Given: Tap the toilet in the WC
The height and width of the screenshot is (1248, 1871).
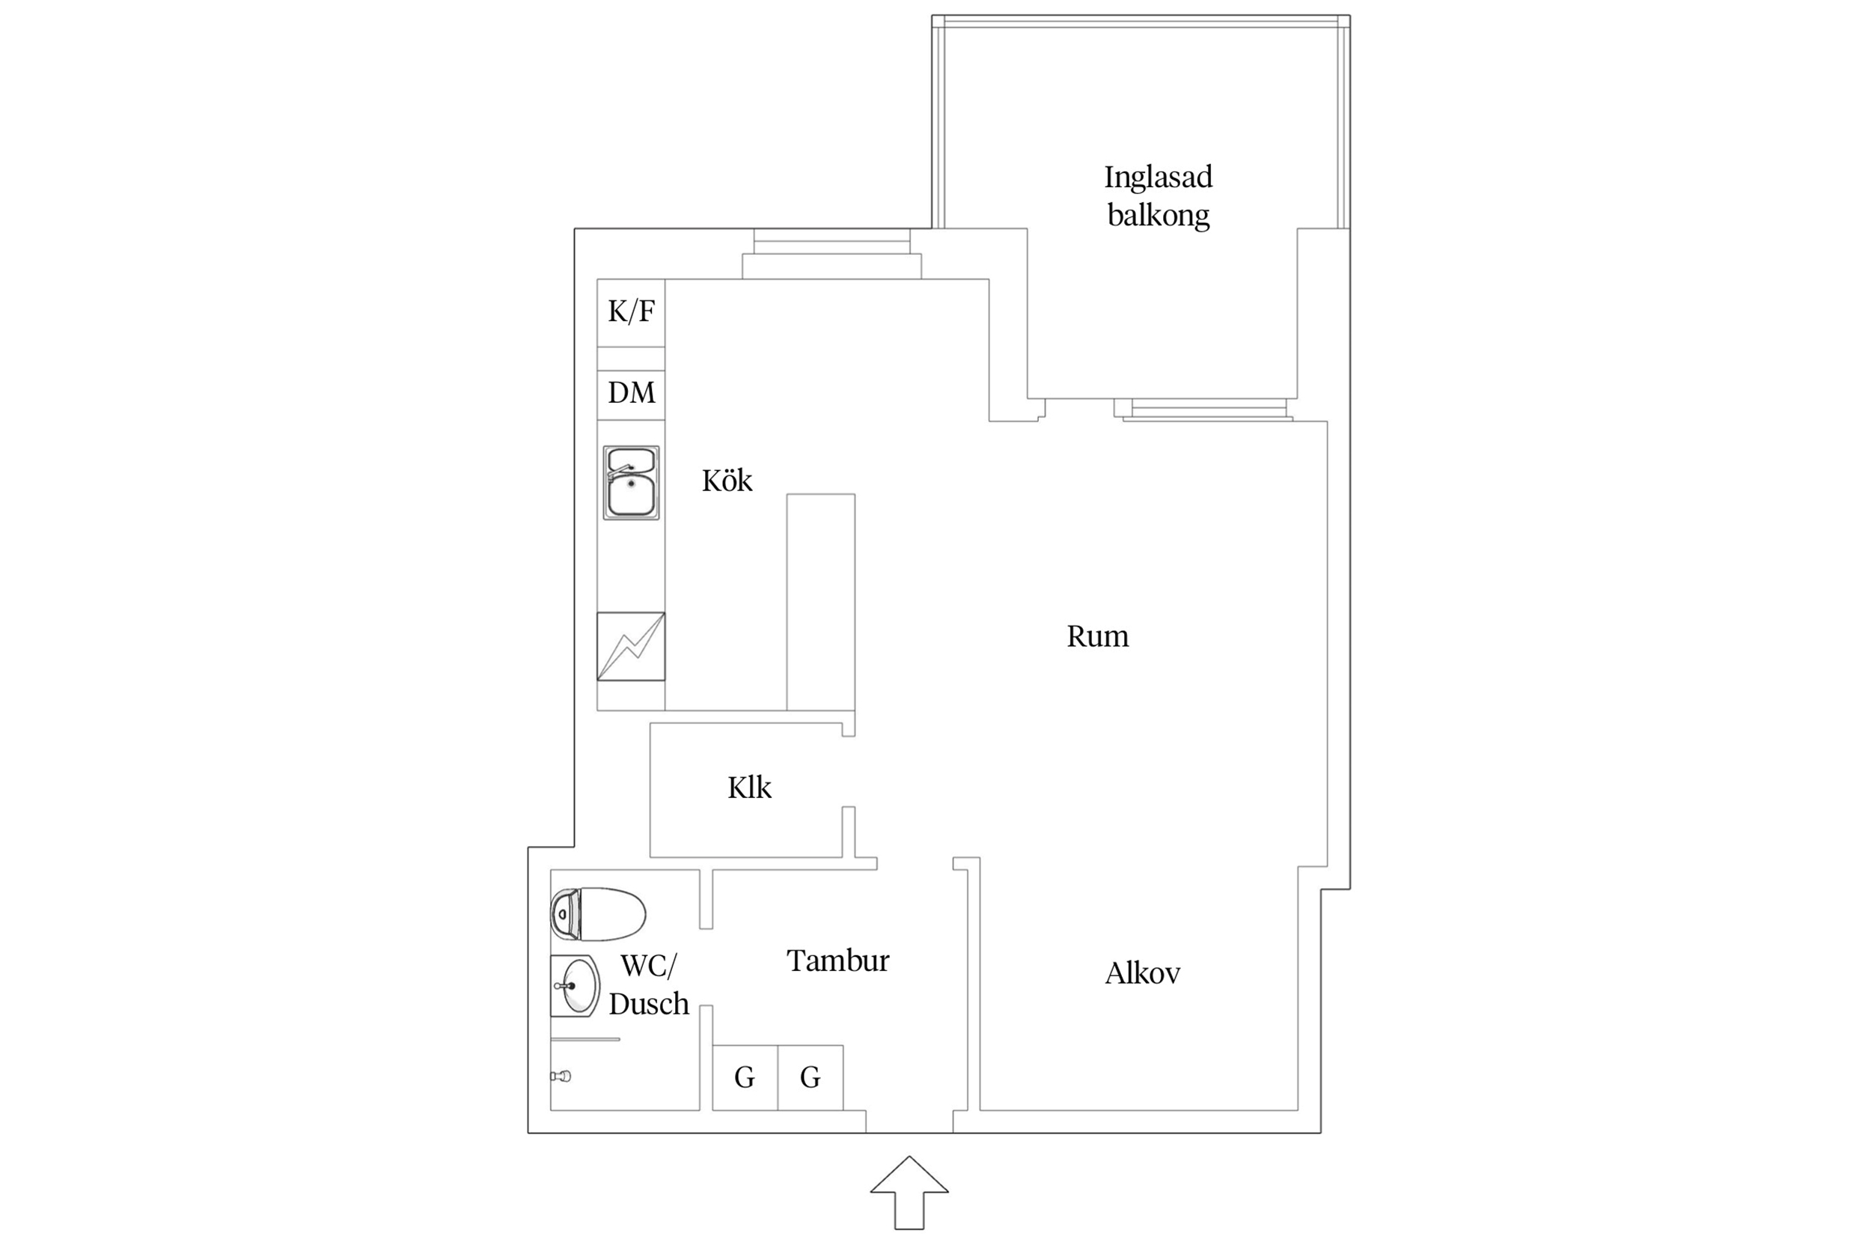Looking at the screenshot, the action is click(x=597, y=913).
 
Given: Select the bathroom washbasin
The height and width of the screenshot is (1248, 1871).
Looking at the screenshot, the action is click(x=575, y=986).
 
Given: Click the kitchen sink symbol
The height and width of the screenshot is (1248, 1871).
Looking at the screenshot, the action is click(x=631, y=482).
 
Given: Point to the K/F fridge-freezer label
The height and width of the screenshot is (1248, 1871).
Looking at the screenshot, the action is click(x=632, y=311).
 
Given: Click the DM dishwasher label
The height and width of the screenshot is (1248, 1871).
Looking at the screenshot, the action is click(x=632, y=392).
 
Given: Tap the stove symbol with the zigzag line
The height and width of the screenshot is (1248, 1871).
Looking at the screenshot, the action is click(x=631, y=646).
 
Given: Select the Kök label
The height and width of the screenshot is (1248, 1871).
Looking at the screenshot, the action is click(x=726, y=480).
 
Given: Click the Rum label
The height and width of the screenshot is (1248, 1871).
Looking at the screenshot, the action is click(x=1097, y=636).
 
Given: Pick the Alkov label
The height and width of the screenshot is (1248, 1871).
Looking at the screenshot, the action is click(x=1142, y=972).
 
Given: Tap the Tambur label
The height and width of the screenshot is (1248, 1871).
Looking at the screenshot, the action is click(x=837, y=961).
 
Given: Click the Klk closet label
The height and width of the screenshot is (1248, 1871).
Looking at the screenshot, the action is click(x=749, y=787).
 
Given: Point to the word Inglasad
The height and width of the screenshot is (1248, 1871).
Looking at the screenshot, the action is click(x=1159, y=177).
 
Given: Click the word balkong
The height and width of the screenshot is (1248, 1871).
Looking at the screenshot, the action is click(x=1159, y=215).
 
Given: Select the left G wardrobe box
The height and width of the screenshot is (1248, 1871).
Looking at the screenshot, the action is click(x=745, y=1077).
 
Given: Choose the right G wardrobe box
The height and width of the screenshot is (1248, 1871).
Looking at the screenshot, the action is click(x=810, y=1077).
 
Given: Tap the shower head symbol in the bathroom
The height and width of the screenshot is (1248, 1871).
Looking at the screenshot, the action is click(x=561, y=1076).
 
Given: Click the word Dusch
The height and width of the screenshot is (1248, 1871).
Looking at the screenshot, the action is click(x=648, y=1005).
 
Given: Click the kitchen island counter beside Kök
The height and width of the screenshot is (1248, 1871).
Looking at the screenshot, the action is click(x=821, y=602).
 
